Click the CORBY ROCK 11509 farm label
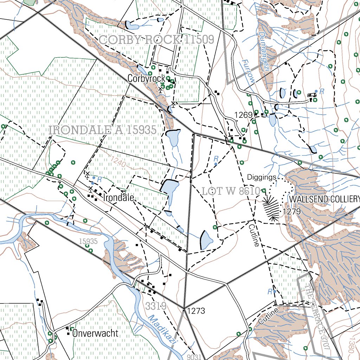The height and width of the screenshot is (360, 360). tap(156, 40)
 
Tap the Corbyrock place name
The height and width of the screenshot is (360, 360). tap(146, 78)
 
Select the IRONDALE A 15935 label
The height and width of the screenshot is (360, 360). tap(103, 130)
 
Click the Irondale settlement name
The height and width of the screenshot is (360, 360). tap(119, 198)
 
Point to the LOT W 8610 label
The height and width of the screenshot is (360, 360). tap(231, 192)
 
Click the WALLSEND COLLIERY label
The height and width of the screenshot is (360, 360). tap(324, 199)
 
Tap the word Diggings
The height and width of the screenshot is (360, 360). tap(262, 177)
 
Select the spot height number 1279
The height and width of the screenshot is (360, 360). tap(291, 212)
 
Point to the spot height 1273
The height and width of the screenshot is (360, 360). tap(196, 311)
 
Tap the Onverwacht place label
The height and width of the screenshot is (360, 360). tap(95, 333)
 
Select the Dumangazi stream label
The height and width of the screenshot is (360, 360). tap(266, 52)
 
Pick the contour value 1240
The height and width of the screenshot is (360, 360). tap(117, 161)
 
